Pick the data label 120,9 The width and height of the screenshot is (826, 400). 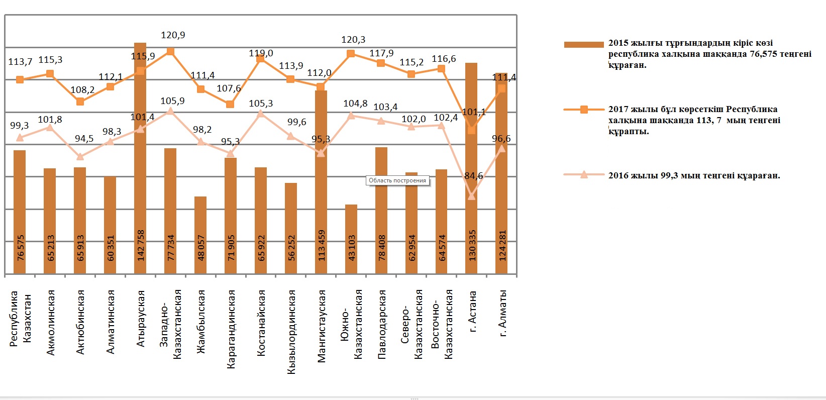tap(173, 35)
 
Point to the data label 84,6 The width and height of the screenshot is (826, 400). tap(474, 176)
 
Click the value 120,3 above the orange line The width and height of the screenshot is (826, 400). tap(353, 40)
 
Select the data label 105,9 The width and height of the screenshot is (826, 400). tap(172, 101)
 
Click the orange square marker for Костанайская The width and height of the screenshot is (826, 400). tap(260, 59)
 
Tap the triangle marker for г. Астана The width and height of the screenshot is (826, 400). tap(471, 196)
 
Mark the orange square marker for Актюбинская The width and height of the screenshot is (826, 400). tap(80, 102)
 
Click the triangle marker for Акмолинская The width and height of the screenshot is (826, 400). tap(50, 127)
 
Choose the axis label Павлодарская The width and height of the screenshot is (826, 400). tap(382, 324)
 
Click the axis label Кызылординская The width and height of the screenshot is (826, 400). tap(291, 332)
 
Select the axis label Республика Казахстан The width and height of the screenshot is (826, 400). tap(21, 318)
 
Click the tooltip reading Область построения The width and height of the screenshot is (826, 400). tap(397, 181)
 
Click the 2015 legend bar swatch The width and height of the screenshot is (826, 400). tap(583, 45)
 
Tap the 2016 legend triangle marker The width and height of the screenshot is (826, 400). tap(584, 175)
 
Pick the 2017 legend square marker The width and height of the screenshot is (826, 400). tap(584, 110)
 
